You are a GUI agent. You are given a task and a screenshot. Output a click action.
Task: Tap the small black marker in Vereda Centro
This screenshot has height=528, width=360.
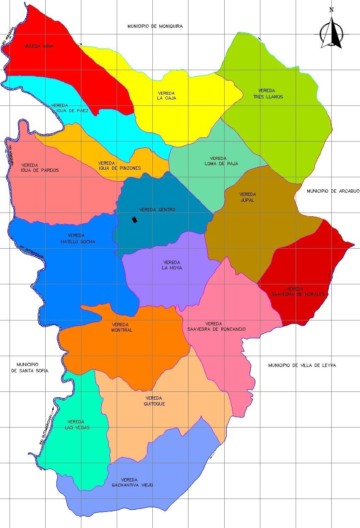coord(134,220)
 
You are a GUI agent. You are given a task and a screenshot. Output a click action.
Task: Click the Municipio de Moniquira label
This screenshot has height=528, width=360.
coord(155,26)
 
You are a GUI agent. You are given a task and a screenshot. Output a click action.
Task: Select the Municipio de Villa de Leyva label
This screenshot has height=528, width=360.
coord(302,365)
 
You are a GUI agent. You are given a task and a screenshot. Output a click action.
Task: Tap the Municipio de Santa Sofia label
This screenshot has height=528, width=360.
coord(29,367)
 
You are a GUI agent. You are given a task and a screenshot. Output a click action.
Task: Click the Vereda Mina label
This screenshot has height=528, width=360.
coord(39,46)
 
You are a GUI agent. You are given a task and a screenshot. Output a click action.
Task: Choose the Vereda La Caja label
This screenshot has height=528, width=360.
coord(167,95)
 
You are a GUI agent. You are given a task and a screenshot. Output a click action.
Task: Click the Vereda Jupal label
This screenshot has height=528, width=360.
coord(247,197)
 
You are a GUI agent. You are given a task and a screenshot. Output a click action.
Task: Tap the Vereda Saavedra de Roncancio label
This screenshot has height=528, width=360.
coord(216,326)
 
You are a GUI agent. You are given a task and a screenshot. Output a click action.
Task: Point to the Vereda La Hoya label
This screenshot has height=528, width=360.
coord(172,265)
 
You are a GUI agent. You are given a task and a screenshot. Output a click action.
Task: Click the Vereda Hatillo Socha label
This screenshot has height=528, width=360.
coord(78,239)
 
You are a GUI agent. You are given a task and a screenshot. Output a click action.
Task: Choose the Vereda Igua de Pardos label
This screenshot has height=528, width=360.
coord(40,168)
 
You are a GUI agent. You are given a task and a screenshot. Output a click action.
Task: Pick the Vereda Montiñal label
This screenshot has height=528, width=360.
coord(121,328)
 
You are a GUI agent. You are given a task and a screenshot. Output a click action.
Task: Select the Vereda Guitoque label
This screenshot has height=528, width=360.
coord(154,401)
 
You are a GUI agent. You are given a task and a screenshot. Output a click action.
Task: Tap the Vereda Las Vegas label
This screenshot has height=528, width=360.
coord(77,425)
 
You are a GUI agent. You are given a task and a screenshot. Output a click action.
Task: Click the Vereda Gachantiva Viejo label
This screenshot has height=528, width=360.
coord(132,482)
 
